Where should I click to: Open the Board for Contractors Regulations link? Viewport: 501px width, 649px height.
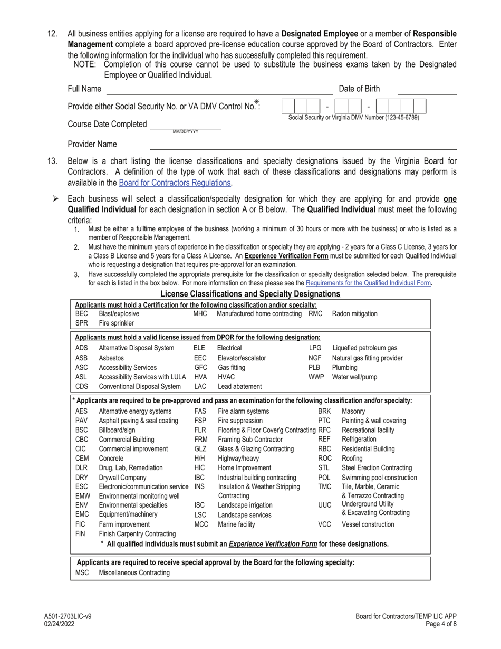175,183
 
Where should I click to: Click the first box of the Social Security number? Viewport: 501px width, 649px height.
288,106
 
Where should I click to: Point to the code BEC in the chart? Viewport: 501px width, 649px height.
81,313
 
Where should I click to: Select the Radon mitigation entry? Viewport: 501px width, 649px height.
354,313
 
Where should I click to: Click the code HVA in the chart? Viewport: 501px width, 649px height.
200,377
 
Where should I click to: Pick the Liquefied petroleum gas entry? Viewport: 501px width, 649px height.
364,348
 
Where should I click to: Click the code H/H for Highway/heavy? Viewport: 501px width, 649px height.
200,459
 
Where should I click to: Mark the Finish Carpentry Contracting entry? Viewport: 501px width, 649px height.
137,534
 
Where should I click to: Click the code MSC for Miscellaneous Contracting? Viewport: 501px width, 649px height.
82,572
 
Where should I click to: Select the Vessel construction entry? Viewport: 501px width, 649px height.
368,524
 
